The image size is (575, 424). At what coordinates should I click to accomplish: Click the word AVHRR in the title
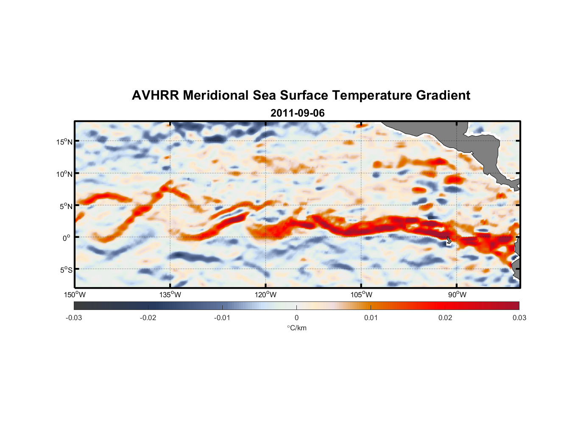click(155, 95)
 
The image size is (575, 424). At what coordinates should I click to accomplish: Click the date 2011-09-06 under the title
click(298, 113)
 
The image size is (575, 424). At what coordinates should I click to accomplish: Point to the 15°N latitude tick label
click(64, 142)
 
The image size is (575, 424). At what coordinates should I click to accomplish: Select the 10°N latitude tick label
click(64, 174)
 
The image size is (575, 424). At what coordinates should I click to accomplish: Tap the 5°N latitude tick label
click(66, 206)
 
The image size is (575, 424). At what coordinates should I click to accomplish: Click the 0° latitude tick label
click(67, 238)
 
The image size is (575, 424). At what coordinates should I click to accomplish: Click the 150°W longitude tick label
click(75, 295)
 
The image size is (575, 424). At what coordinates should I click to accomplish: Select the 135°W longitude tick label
click(170, 295)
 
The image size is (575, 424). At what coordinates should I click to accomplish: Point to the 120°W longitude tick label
click(266, 295)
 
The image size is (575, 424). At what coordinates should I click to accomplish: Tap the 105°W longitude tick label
click(361, 295)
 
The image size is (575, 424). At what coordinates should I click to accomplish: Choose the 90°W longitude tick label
click(457, 295)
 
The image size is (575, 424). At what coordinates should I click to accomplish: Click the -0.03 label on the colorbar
click(74, 318)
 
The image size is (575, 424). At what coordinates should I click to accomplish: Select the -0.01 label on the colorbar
click(222, 318)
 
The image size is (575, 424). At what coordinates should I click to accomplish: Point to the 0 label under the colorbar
click(296, 318)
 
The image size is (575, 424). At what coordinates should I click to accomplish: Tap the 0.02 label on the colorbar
click(445, 318)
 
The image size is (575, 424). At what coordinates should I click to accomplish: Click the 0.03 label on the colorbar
click(519, 318)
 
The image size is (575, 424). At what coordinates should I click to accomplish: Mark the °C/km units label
click(296, 328)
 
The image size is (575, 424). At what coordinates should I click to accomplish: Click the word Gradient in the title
click(443, 95)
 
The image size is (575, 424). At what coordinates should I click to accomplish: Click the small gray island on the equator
click(449, 240)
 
